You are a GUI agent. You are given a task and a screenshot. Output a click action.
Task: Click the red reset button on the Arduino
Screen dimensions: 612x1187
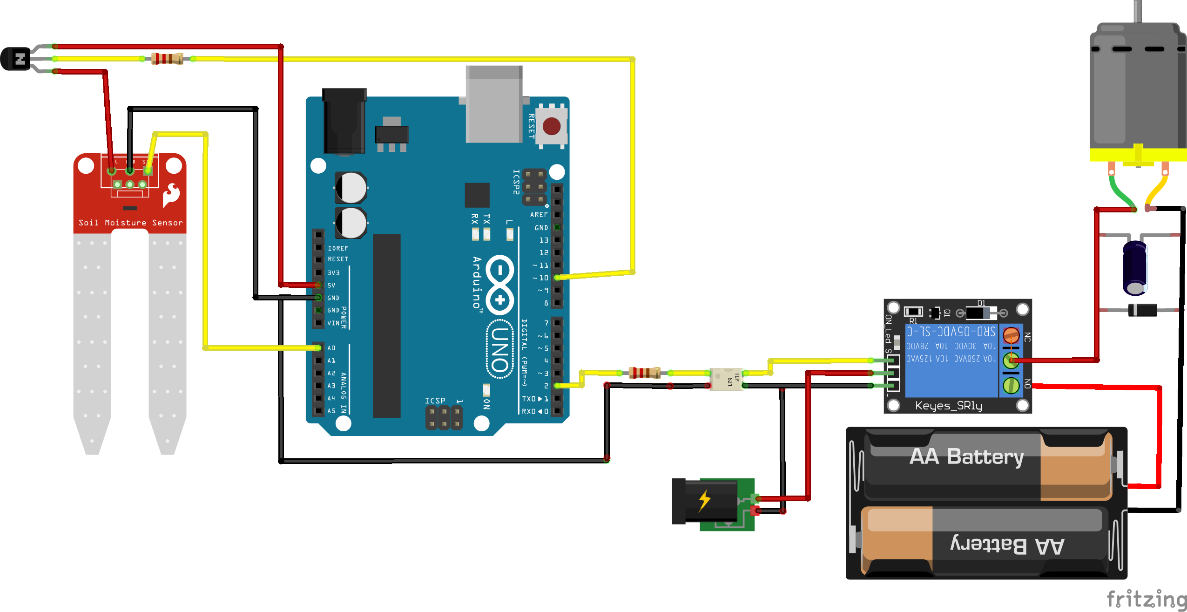pyautogui.click(x=552, y=126)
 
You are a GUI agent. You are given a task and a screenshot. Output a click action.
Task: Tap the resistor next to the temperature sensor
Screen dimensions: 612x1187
pyautogui.click(x=167, y=59)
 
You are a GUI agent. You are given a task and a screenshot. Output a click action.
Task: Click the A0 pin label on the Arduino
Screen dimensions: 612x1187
pyautogui.click(x=331, y=348)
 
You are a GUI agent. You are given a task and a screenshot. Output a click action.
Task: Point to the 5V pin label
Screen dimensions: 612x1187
pyautogui.click(x=331, y=285)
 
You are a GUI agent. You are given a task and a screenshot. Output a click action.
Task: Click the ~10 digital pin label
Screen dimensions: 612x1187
pyautogui.click(x=541, y=278)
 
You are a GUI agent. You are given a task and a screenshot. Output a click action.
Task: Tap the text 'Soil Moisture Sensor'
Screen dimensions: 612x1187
pyautogui.click(x=130, y=223)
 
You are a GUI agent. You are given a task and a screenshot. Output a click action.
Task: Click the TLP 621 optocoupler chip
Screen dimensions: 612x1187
pyautogui.click(x=726, y=379)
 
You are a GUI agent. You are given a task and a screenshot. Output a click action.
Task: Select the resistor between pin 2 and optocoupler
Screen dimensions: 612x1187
pyautogui.click(x=644, y=373)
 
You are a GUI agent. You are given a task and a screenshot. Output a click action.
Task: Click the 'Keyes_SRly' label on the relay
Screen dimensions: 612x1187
pyautogui.click(x=948, y=406)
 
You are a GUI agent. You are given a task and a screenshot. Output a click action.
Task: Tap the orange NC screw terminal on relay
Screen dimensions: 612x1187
pyautogui.click(x=1011, y=335)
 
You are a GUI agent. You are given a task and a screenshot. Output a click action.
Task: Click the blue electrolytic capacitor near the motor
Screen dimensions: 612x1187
pyautogui.click(x=1135, y=268)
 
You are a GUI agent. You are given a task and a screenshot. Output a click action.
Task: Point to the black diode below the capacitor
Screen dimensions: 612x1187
pyautogui.click(x=1142, y=310)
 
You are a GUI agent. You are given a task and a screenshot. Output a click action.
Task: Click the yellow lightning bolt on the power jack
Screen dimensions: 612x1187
pyautogui.click(x=705, y=501)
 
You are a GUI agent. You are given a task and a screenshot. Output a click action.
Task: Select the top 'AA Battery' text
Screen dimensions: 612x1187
pyautogui.click(x=967, y=456)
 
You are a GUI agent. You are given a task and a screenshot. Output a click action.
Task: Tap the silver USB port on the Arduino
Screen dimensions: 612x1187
pyautogui.click(x=494, y=105)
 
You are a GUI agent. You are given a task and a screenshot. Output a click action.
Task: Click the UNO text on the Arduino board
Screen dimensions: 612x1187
pyautogui.click(x=500, y=349)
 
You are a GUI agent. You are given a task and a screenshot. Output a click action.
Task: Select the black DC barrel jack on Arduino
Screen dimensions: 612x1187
pyautogui.click(x=344, y=121)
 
